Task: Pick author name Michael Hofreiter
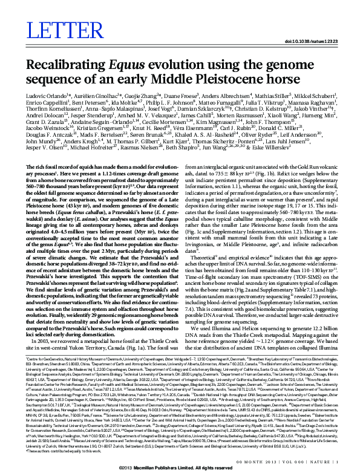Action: coord(123,179)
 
